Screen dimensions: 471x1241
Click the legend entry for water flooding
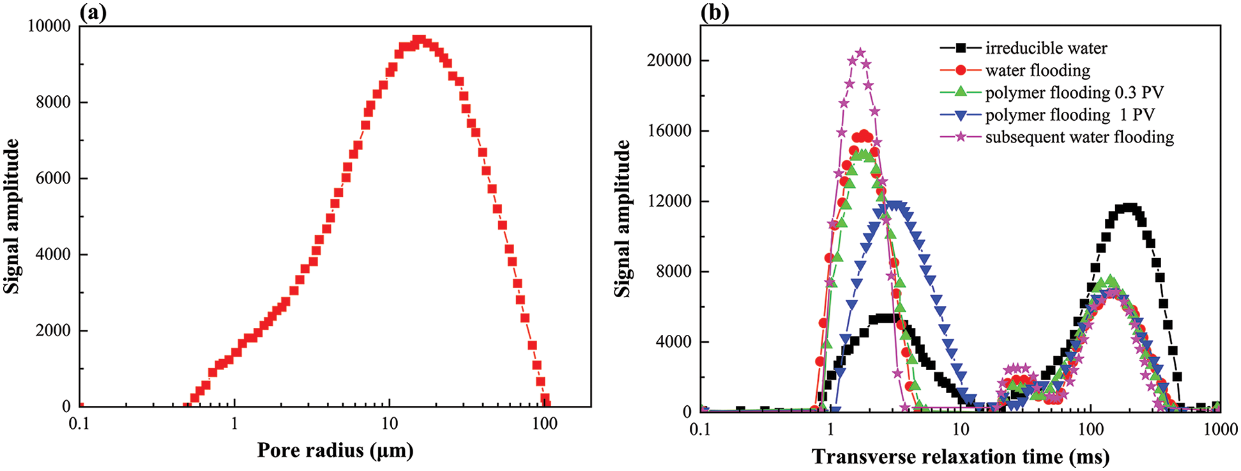pyautogui.click(x=1037, y=70)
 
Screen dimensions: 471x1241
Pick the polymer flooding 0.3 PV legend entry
pyautogui.click(x=1074, y=93)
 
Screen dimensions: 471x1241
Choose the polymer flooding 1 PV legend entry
pyautogui.click(x=1069, y=115)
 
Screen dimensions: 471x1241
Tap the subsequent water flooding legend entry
pyautogui.click(x=1079, y=137)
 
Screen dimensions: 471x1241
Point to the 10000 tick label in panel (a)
pyautogui.click(x=50, y=26)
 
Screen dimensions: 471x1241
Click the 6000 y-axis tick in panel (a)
pyautogui.click(x=53, y=178)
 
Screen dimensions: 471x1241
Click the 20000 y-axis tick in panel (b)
pyautogui.click(x=669, y=61)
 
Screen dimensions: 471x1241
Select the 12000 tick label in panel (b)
pyautogui.click(x=669, y=201)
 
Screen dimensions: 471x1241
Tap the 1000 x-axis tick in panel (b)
pyautogui.click(x=1221, y=429)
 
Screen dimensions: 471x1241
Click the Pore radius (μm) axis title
pyautogui.click(x=335, y=451)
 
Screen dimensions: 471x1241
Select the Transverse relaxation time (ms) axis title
pyautogui.click(x=961, y=457)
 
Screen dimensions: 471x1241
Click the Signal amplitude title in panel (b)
pyautogui.click(x=622, y=219)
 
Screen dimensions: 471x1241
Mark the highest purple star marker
pyautogui.click(x=860, y=53)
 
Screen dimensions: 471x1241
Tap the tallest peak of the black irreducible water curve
pyautogui.click(x=1131, y=208)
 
